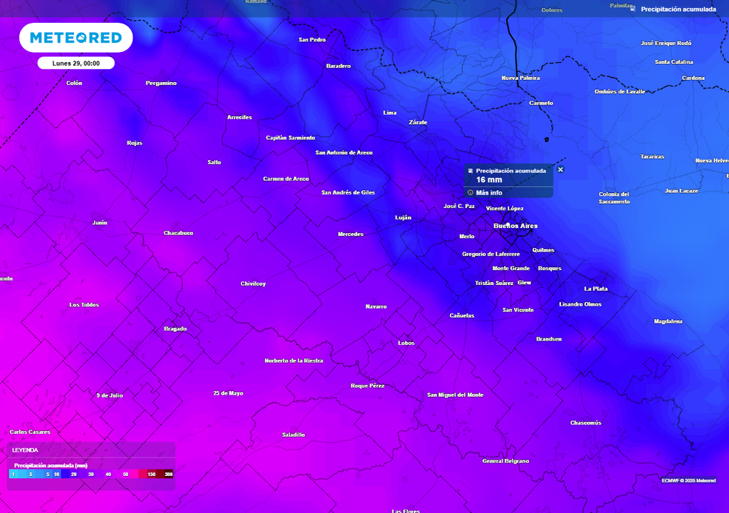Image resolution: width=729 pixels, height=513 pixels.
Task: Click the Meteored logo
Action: coord(75,38)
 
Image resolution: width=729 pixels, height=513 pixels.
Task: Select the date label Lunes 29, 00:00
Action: coord(75,63)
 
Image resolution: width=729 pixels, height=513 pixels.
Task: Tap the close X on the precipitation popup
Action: coord(560,170)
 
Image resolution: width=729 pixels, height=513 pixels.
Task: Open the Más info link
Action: coord(488,192)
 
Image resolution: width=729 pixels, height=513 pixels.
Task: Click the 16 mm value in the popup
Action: coord(489,180)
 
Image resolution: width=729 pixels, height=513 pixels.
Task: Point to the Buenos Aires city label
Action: coord(515,226)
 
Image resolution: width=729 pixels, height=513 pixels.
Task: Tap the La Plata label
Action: coord(596,289)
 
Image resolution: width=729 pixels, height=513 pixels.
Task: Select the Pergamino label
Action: coord(161,83)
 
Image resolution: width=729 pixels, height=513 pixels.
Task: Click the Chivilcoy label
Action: coord(253,284)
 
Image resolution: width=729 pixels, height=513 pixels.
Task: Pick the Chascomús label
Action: coord(586,423)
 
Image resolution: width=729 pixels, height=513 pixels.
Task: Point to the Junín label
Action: coord(100,222)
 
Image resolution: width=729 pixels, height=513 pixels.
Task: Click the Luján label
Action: coord(403,217)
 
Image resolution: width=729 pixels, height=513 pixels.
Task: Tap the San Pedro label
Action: coord(312,40)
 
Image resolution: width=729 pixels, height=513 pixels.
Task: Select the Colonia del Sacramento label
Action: coord(614,197)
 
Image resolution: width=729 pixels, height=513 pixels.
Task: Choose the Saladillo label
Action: coord(293,435)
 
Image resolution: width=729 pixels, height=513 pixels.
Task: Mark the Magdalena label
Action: coord(668,321)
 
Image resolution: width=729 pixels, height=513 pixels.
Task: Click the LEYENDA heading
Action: coord(25,450)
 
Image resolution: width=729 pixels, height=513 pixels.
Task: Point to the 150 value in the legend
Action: coord(152,474)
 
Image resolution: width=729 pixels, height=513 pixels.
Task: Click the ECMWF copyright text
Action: coord(688,480)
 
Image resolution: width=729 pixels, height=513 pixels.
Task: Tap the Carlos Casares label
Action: coord(29,432)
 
